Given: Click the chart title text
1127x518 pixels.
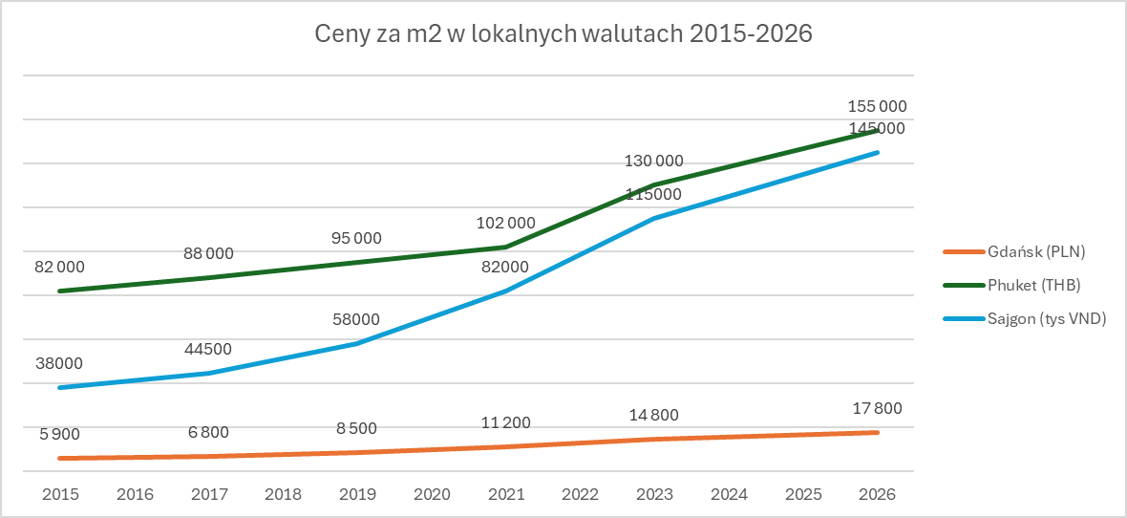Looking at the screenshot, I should click(x=563, y=35).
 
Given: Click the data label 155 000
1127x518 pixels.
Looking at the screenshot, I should click(x=877, y=107).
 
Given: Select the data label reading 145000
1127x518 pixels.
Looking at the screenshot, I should click(x=877, y=128).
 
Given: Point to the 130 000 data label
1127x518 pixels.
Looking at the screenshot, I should click(x=653, y=162).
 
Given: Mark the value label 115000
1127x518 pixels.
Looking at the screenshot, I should click(x=653, y=195).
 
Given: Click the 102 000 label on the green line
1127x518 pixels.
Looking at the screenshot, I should click(x=505, y=224).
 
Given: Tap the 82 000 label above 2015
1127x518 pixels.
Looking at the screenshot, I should click(x=60, y=268).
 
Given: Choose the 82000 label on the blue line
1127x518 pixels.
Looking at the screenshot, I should click(x=505, y=268).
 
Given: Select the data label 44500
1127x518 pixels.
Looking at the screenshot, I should click(x=209, y=350).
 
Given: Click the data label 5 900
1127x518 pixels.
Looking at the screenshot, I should click(x=60, y=434).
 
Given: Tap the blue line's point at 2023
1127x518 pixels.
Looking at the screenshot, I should click(x=654, y=219).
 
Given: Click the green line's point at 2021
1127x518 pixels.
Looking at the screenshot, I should click(x=506, y=247).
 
